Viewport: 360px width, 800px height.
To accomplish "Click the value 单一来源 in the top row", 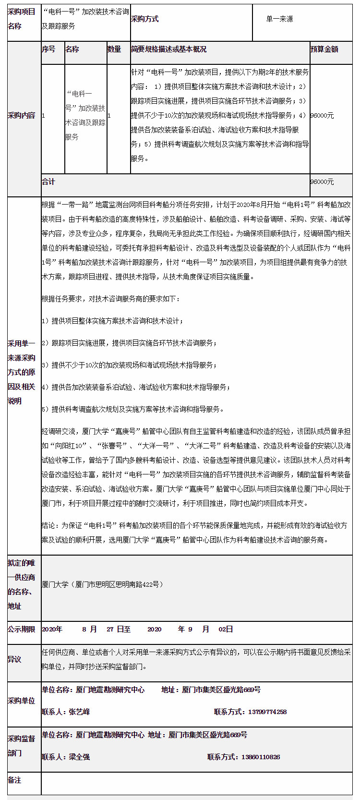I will click(280, 19).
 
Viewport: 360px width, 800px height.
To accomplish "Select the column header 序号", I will click(48, 49).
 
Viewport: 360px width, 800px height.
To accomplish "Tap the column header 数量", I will click(114, 49).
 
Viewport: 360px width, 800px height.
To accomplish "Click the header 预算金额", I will click(324, 49).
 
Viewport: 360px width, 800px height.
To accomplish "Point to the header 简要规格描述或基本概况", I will click(168, 49).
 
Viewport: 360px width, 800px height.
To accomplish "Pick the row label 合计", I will click(48, 182).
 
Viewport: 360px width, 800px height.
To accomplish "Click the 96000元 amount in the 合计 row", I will click(322, 182).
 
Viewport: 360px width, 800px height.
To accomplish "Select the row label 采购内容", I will click(22, 116).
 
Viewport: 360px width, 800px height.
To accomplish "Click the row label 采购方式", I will click(144, 19).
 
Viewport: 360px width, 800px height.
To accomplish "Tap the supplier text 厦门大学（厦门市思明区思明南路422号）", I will click(103, 584).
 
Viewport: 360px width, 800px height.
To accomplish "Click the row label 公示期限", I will click(22, 630).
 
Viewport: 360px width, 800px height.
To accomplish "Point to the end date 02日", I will click(226, 630).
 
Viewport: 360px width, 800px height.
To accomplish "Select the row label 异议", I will click(14, 660).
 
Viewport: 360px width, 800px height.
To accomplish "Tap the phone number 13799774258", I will click(267, 712).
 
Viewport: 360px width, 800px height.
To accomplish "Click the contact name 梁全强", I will click(79, 757).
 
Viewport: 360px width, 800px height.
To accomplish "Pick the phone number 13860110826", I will click(261, 757).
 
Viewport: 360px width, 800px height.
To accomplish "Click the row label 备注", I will click(14, 780).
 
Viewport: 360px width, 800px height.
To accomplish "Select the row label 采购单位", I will click(22, 701).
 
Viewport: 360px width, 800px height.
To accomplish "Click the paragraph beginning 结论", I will click(194, 533).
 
